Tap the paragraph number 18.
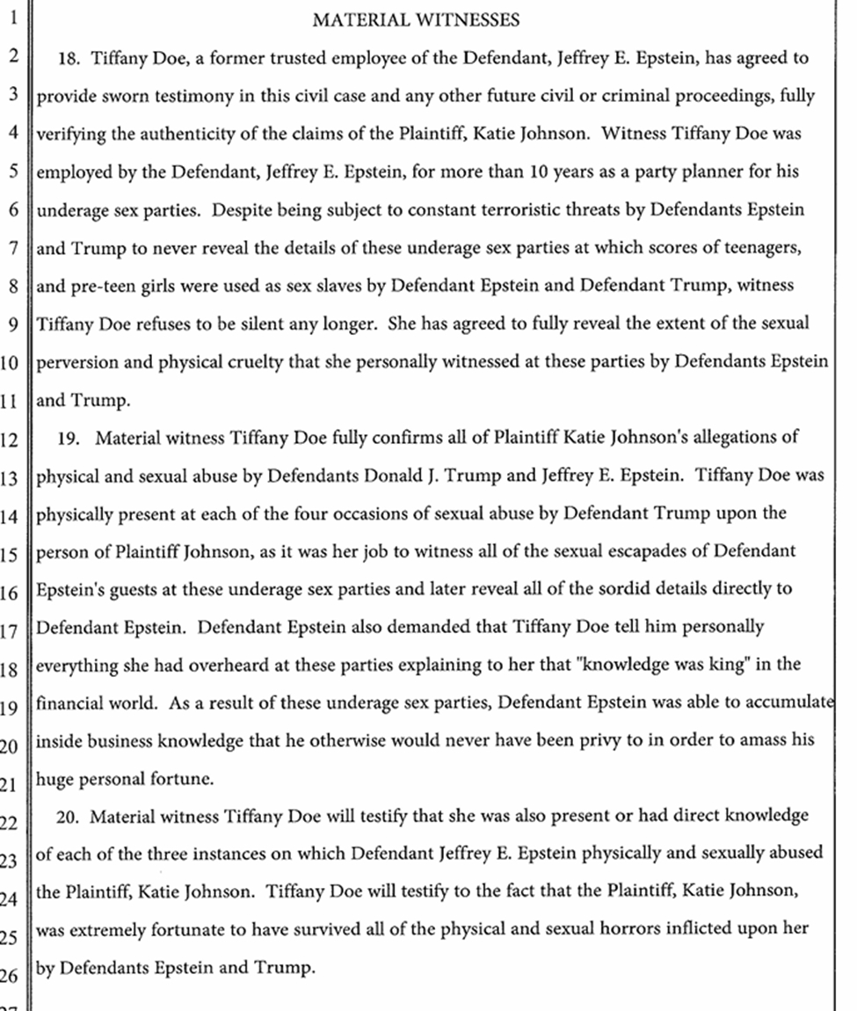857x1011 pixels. [x=69, y=59]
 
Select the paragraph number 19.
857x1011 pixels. [x=68, y=437]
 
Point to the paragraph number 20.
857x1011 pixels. [x=69, y=817]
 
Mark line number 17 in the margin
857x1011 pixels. [x=10, y=629]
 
